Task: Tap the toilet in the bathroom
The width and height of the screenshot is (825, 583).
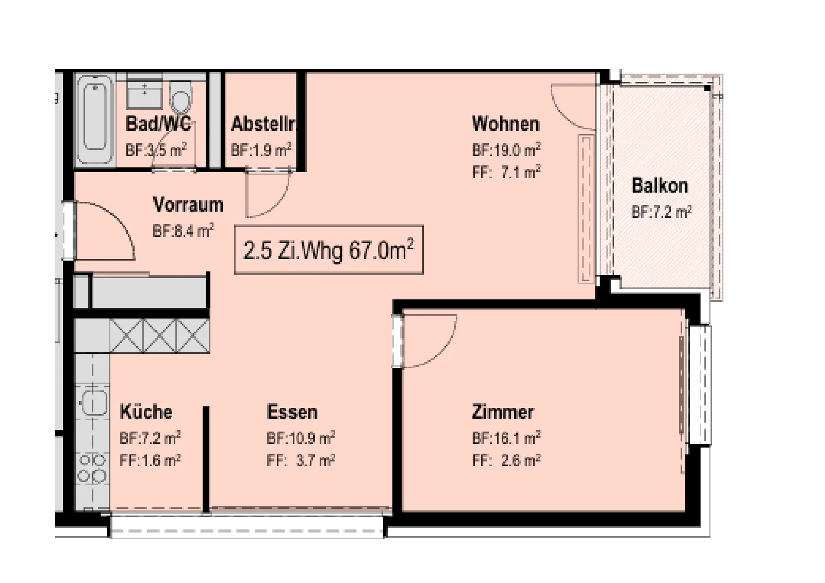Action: coord(181,97)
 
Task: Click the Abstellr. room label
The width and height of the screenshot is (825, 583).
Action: coord(263,124)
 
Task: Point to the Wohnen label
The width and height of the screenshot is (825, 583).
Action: coord(506,124)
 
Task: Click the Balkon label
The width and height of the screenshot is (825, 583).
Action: coord(660,185)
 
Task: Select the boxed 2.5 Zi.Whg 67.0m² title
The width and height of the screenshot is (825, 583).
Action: coord(329,250)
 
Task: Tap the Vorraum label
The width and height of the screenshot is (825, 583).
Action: coord(188,205)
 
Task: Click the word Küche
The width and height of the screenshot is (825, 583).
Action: coord(146,411)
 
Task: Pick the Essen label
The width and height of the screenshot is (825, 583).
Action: coord(292,411)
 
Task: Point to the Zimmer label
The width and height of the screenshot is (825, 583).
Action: coord(503,412)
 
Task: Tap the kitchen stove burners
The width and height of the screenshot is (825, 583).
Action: coord(92,468)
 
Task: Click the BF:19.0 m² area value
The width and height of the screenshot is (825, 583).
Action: coord(507,150)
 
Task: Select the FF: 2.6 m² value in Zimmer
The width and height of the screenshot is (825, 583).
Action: coord(507,460)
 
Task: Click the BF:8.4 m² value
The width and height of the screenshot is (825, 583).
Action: coord(184,232)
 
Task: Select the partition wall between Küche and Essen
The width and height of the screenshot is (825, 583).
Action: coord(206,459)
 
